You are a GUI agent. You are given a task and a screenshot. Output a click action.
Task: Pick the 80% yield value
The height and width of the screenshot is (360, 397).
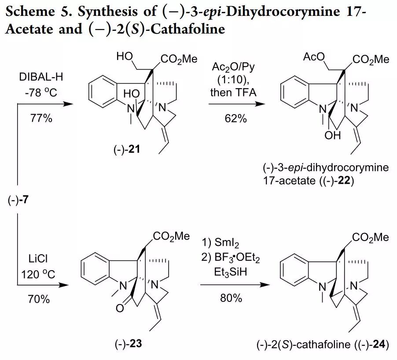(x=231, y=298)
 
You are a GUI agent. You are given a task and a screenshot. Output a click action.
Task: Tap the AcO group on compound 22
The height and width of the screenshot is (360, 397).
(x=314, y=57)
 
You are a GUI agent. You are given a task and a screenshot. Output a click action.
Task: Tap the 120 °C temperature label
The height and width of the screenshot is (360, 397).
(x=38, y=274)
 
